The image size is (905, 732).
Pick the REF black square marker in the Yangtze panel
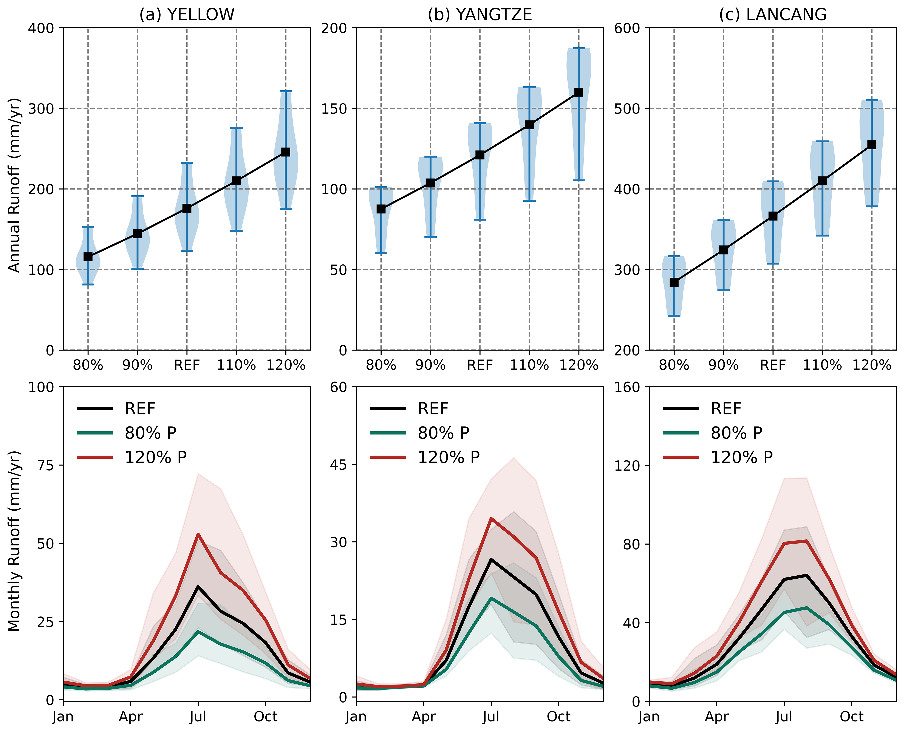point(480,155)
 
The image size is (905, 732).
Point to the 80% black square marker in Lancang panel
point(674,282)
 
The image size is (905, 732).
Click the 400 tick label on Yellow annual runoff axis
point(41,28)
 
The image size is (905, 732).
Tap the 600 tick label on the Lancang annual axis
point(627,28)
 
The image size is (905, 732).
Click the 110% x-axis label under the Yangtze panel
point(529,365)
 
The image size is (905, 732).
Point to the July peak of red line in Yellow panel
point(198,534)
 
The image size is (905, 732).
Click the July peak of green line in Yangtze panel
point(491,598)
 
